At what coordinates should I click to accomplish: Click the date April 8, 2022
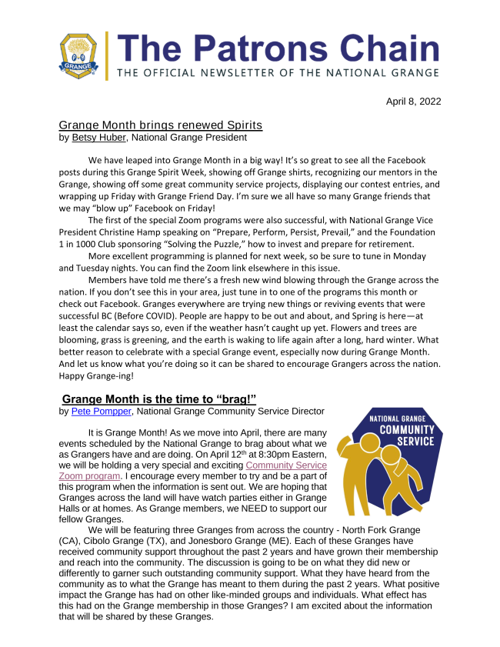414,102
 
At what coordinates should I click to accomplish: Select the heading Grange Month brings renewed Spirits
161,125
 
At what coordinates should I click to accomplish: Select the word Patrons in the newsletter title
246,49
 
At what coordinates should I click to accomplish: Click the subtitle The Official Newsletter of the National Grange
278,73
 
